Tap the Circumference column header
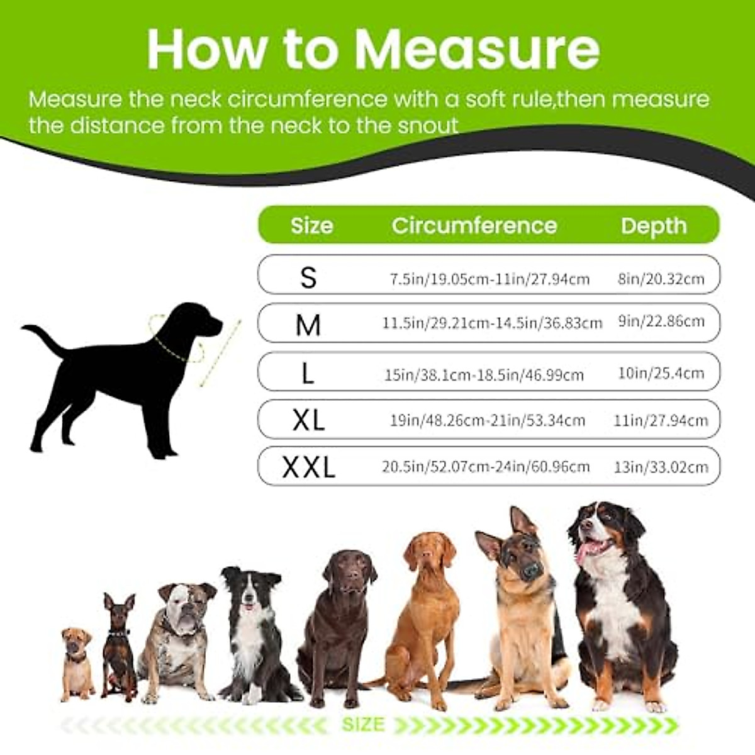pyautogui.click(x=474, y=225)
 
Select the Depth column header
pyautogui.click(x=654, y=225)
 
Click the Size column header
pyautogui.click(x=312, y=225)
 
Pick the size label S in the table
pyautogui.click(x=308, y=277)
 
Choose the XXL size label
pyautogui.click(x=308, y=467)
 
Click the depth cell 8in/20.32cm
pyautogui.click(x=661, y=278)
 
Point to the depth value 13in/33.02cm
pyautogui.click(x=661, y=467)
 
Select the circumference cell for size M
pyautogui.click(x=492, y=323)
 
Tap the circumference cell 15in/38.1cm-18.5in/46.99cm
pyautogui.click(x=484, y=375)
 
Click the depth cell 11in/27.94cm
pyautogui.click(x=661, y=420)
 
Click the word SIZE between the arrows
pyautogui.click(x=363, y=724)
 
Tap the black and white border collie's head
pyautogui.click(x=250, y=588)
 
